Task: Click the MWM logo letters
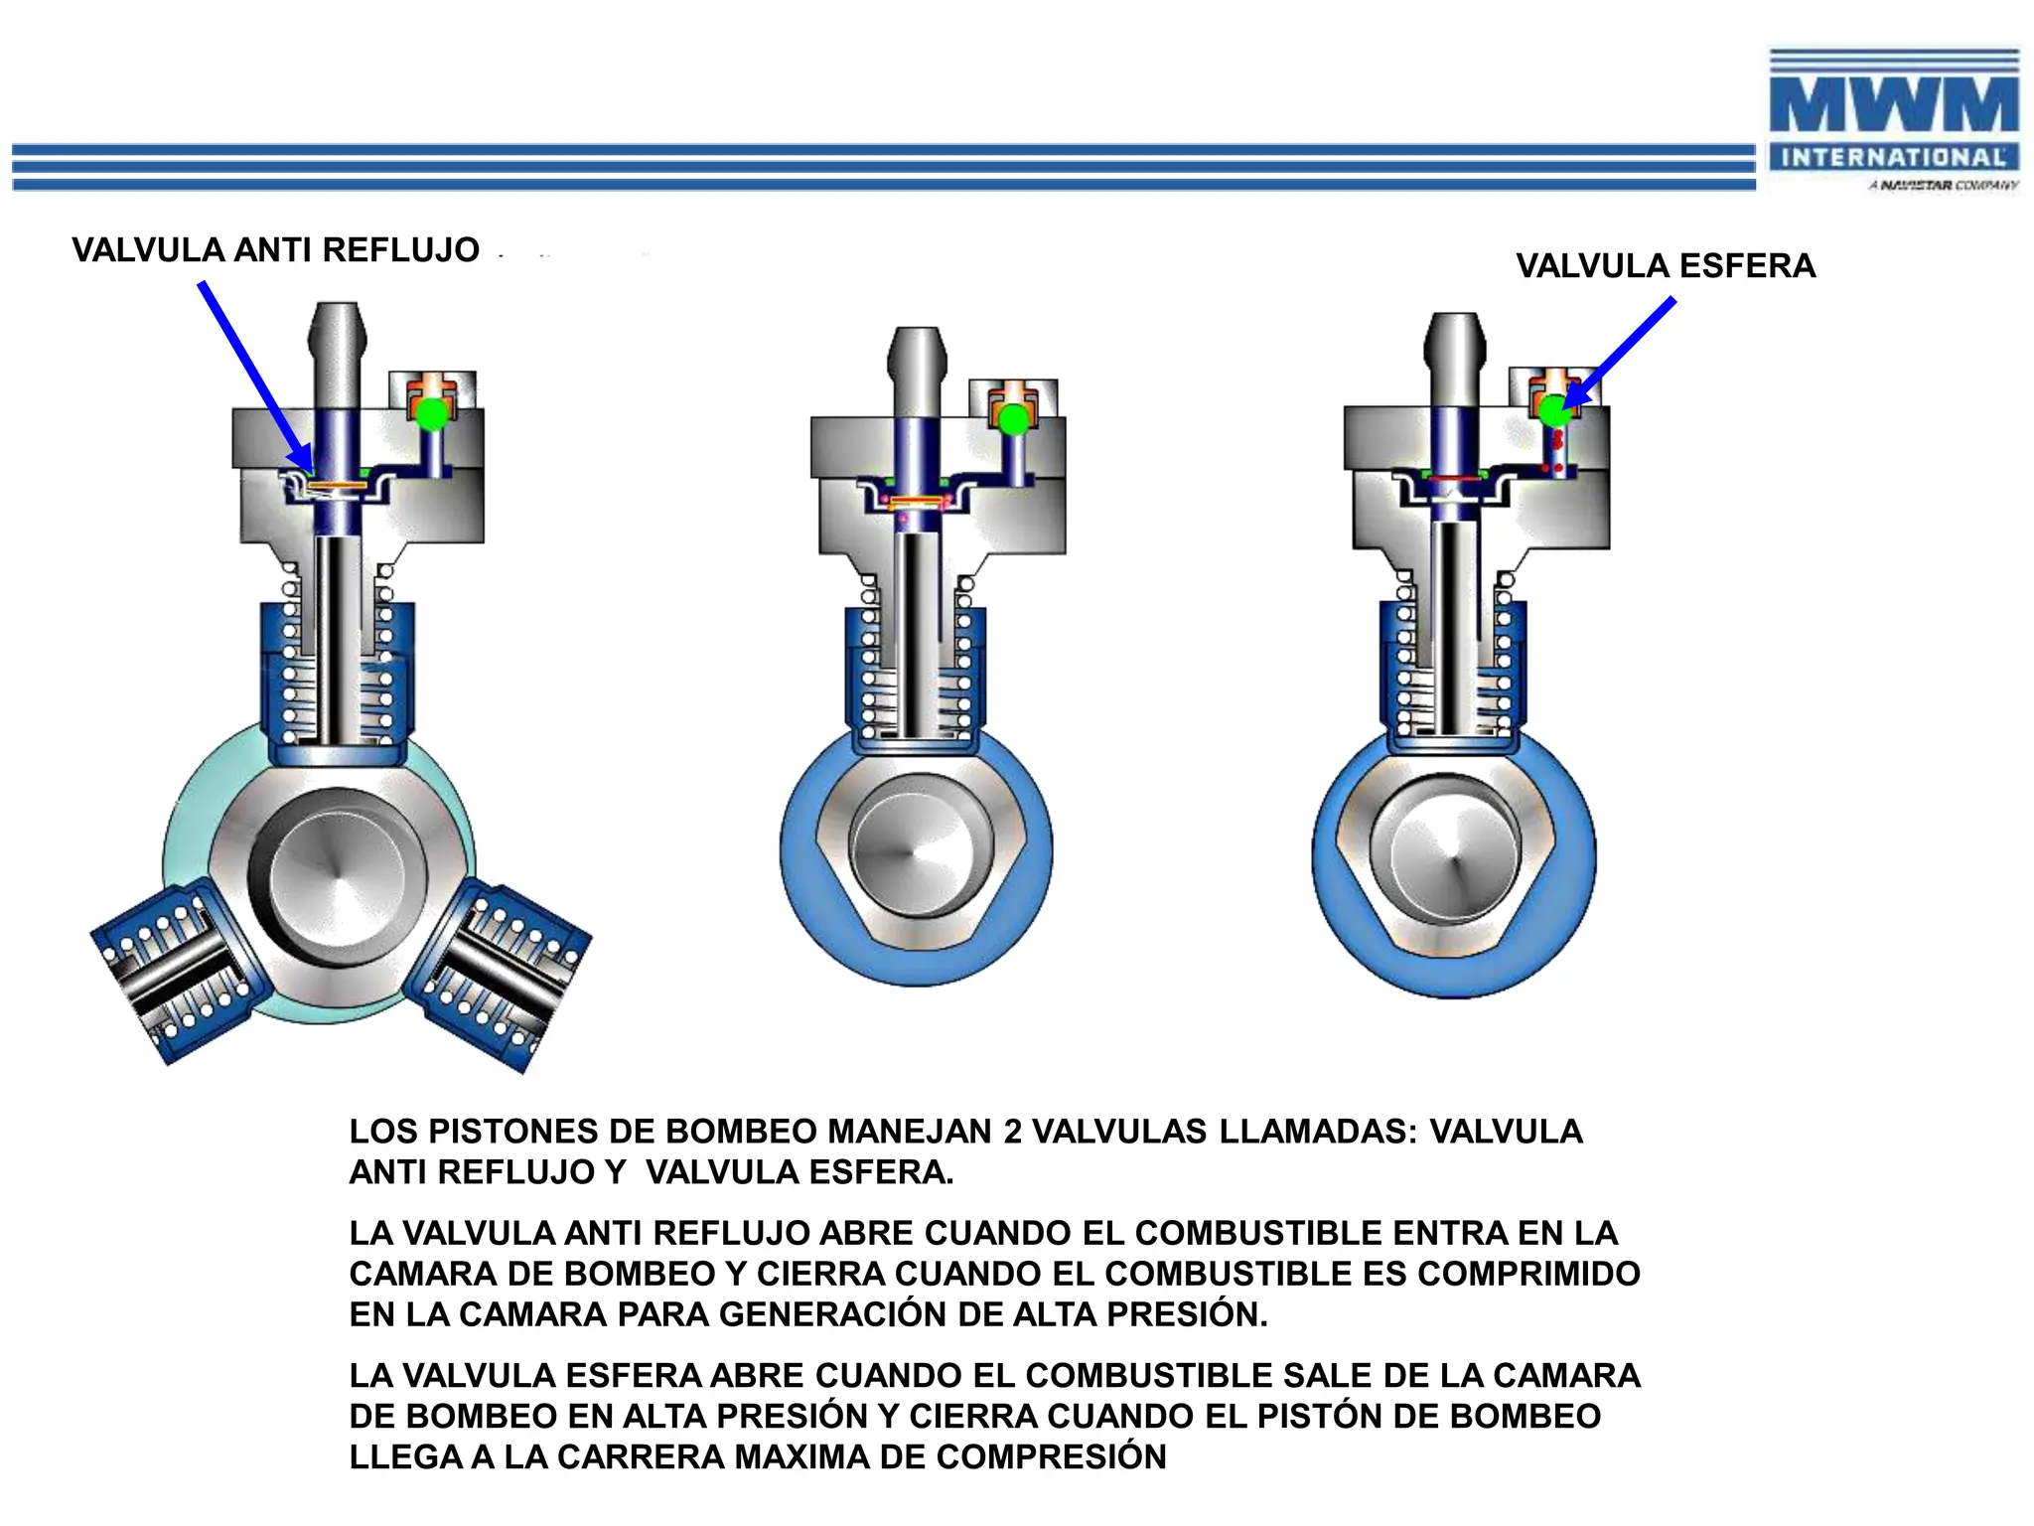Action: coord(1893,104)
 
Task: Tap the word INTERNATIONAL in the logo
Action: coord(1893,158)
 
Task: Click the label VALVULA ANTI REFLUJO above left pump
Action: coord(275,250)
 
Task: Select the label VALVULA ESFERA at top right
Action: coord(1666,266)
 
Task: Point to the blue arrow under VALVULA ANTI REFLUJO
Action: coord(254,376)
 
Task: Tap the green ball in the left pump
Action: coord(432,413)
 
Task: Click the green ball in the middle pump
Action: coord(1013,419)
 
